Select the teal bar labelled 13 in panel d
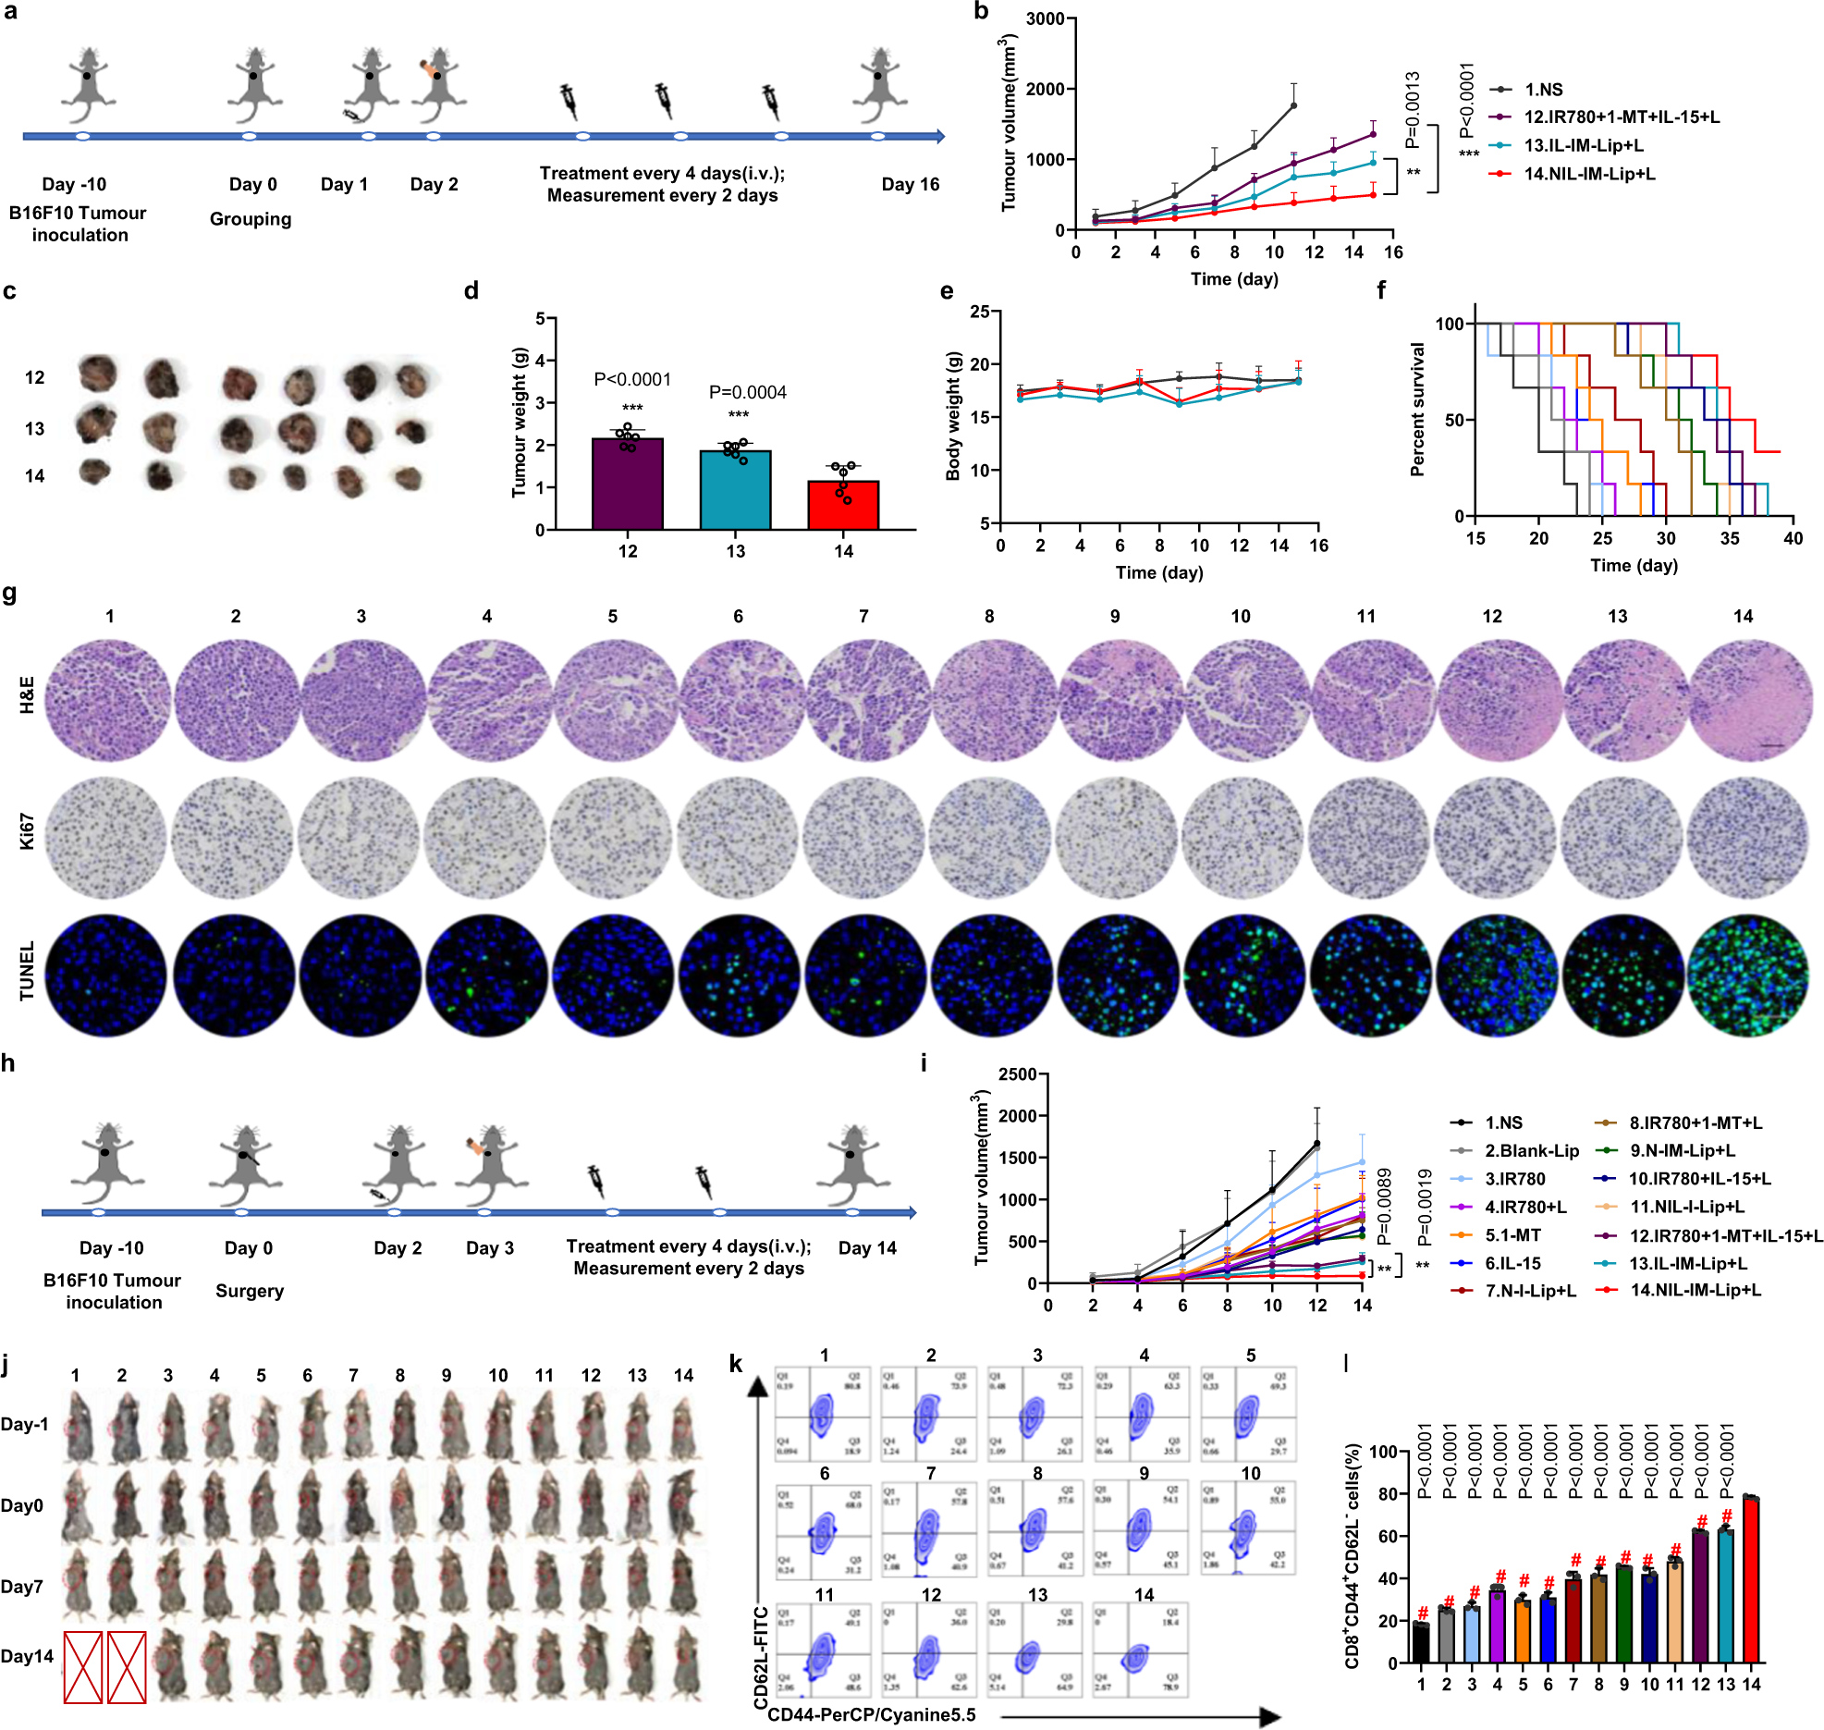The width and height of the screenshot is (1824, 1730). tap(735, 490)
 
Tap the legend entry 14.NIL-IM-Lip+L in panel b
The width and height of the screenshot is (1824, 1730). tap(1589, 174)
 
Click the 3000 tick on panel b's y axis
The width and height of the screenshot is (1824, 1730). tap(1045, 19)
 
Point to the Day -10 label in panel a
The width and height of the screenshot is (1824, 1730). tap(74, 184)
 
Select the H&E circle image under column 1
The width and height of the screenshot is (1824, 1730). tap(109, 700)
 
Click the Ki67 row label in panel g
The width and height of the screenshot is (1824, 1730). tap(27, 831)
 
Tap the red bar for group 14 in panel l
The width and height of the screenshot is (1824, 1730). tap(1750, 1578)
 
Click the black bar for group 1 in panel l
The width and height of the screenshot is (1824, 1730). tap(1421, 1642)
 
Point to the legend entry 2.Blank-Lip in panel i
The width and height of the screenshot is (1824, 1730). tap(1531, 1150)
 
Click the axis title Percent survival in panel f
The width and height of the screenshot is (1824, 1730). tap(1416, 410)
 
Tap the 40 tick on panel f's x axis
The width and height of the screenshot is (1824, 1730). tap(1793, 538)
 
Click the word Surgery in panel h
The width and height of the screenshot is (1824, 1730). tap(250, 1291)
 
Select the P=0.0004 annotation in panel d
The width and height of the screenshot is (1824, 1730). tap(747, 392)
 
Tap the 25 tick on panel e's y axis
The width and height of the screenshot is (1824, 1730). tap(980, 313)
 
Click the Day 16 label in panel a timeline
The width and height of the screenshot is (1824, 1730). tap(910, 184)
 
